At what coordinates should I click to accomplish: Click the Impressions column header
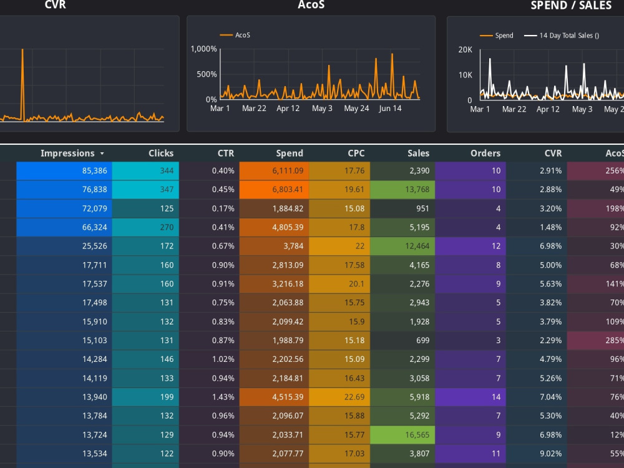click(x=67, y=154)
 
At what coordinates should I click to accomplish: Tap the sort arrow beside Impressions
click(x=102, y=154)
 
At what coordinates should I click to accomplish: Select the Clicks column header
click(x=161, y=154)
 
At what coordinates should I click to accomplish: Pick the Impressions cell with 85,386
click(x=64, y=171)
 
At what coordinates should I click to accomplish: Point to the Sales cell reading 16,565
click(x=402, y=435)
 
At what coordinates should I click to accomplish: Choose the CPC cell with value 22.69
click(x=339, y=397)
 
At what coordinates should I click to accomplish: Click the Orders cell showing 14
click(x=470, y=397)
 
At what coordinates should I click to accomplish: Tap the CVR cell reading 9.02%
click(x=537, y=454)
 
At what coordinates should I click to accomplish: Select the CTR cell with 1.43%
click(x=209, y=397)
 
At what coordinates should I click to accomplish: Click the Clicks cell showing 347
click(x=145, y=190)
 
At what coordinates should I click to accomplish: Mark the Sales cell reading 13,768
click(x=402, y=190)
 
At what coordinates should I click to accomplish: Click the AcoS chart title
click(x=311, y=5)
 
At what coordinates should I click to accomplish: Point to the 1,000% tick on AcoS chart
click(x=204, y=49)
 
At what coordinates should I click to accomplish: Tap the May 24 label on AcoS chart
click(x=356, y=108)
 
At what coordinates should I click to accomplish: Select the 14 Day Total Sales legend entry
click(x=562, y=36)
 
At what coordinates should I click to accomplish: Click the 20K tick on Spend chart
click(x=466, y=50)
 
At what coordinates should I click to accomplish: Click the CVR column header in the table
click(x=553, y=154)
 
